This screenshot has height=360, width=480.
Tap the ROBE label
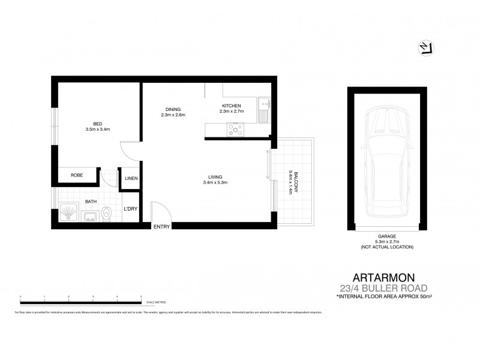[76, 175]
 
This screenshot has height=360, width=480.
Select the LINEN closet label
[131, 179]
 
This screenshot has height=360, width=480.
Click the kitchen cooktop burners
[235, 128]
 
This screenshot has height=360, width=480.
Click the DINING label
[173, 109]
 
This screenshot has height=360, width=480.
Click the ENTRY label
[162, 226]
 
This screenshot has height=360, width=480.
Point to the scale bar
[81, 298]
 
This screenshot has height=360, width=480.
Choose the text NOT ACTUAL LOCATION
[387, 247]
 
